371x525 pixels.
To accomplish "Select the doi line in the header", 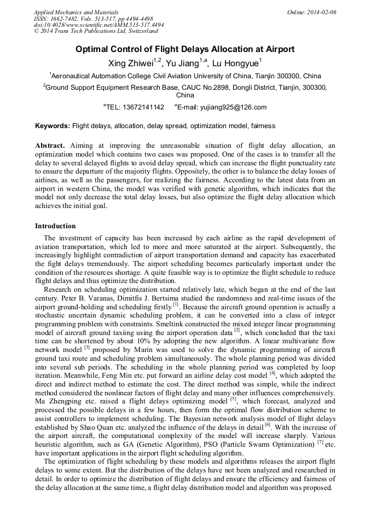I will click(x=98, y=25).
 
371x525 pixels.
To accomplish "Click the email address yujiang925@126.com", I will click(x=222, y=107).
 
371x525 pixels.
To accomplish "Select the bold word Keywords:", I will click(x=53, y=126).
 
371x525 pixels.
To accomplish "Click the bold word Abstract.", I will click(x=50, y=146).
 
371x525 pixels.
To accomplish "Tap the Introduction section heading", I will click(x=55, y=226).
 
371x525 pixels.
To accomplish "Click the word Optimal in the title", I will click(x=92, y=49).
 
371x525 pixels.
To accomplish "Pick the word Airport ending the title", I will click(x=278, y=49).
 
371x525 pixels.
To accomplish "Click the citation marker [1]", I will click(x=176, y=303).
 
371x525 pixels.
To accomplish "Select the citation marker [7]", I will click(x=320, y=442).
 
